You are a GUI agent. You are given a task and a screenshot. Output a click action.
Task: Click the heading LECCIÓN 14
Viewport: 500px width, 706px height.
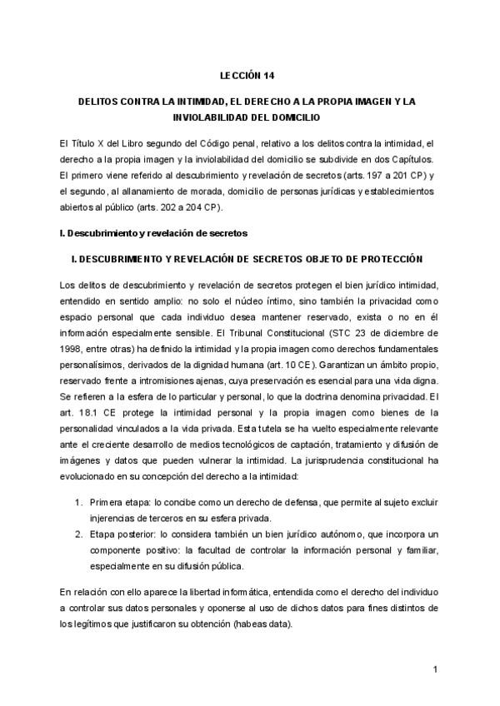tap(249, 76)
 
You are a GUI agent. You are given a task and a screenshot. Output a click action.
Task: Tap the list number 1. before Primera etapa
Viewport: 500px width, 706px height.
tap(79, 502)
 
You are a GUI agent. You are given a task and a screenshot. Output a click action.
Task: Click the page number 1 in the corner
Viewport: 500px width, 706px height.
tap(435, 670)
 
